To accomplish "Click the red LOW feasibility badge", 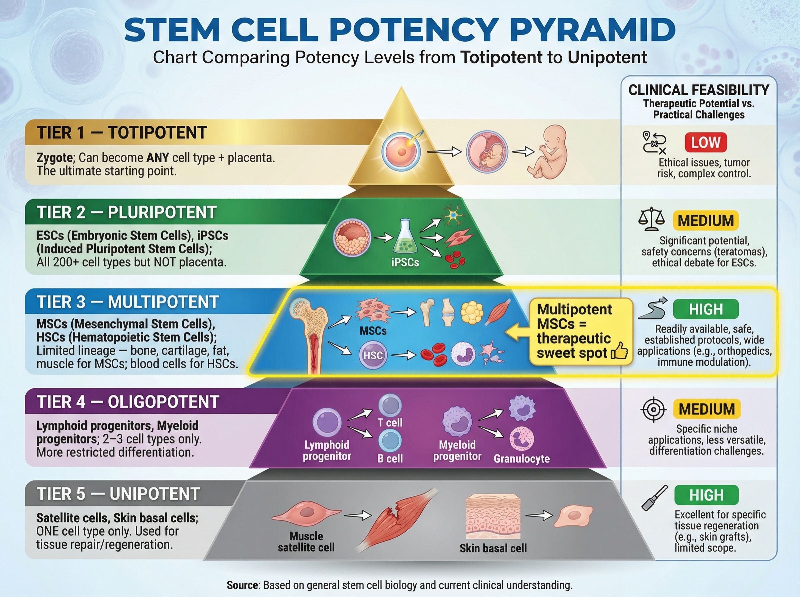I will (x=705, y=142).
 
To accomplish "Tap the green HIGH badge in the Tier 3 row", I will (x=706, y=309).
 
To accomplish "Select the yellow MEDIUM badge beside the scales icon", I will (x=705, y=221).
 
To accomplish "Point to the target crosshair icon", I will (x=653, y=409).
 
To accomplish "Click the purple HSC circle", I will (x=373, y=355).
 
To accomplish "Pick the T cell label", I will (x=390, y=422).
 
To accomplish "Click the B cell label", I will (x=390, y=459).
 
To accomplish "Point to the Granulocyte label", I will (x=521, y=459).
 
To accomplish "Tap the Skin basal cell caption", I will (x=493, y=548).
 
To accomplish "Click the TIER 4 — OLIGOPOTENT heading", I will (x=128, y=402).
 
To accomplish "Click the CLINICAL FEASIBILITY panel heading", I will (x=698, y=90).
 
